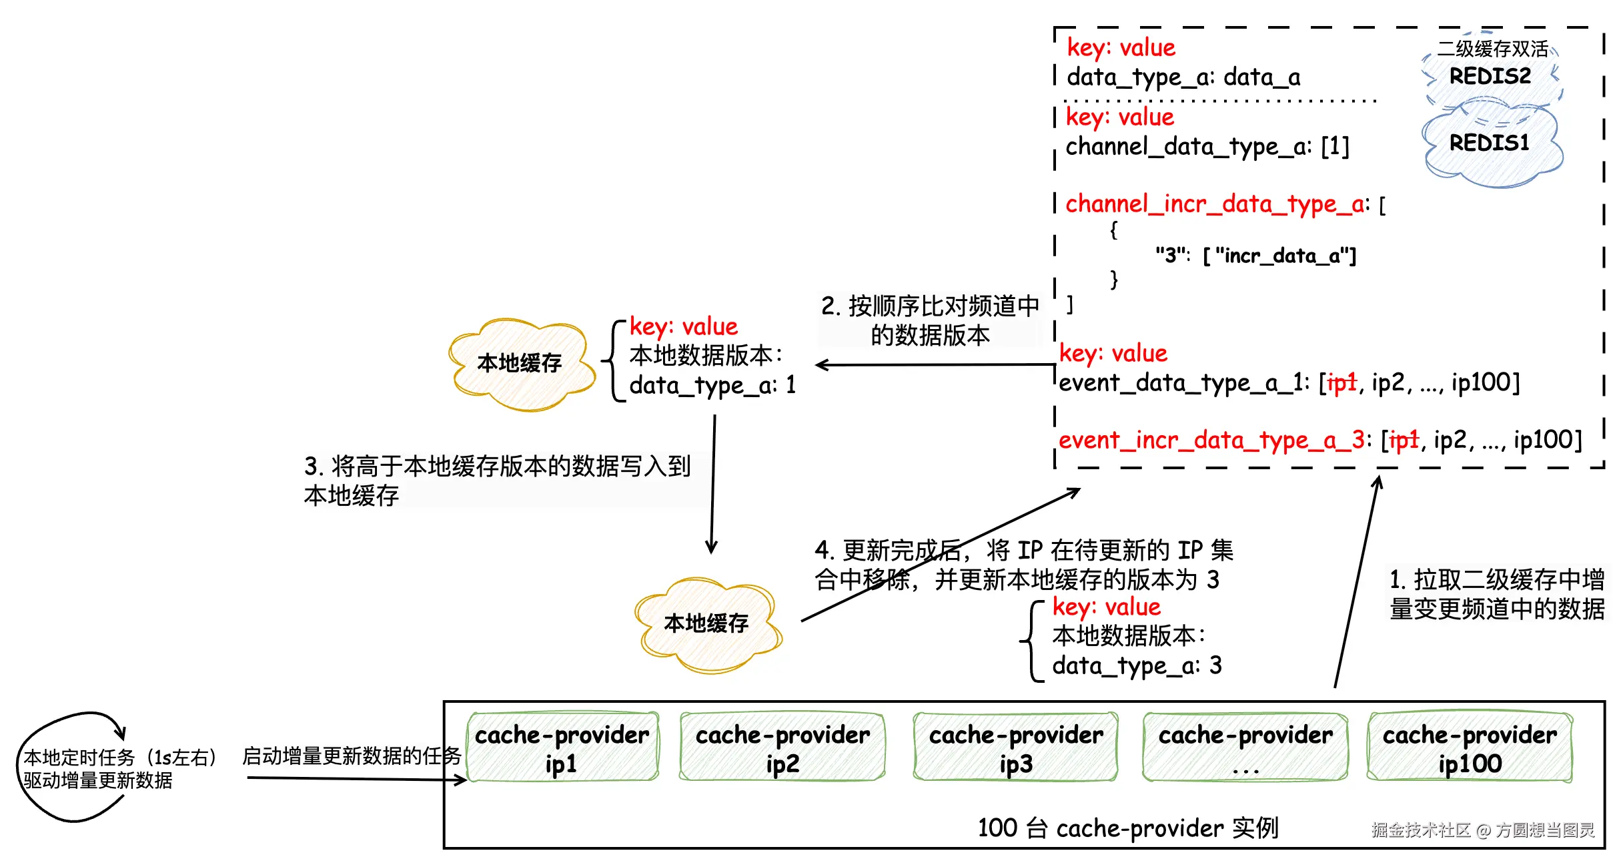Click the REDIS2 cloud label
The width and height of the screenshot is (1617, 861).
point(1490,76)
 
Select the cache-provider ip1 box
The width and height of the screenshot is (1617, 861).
point(562,748)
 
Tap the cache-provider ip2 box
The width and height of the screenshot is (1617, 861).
point(782,748)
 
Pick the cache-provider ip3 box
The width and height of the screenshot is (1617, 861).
point(1015,748)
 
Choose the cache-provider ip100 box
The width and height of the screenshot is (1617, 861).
point(1470,748)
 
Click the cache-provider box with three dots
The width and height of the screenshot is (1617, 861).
point(1245,748)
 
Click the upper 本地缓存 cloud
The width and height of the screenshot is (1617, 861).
point(520,363)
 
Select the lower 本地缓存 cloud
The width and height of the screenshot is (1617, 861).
point(706,623)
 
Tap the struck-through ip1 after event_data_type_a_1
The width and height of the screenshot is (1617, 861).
point(1341,382)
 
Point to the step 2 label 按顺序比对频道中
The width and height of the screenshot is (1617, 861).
point(930,306)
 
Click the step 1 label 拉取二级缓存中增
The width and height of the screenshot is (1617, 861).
point(1497,579)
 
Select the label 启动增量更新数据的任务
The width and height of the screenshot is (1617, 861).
point(352,756)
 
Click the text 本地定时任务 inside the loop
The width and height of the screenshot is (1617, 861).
point(79,758)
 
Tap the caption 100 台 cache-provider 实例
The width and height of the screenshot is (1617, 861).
point(1127,828)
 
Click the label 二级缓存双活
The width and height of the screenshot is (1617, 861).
point(1492,49)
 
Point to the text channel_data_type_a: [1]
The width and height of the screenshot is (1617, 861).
point(1207,146)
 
